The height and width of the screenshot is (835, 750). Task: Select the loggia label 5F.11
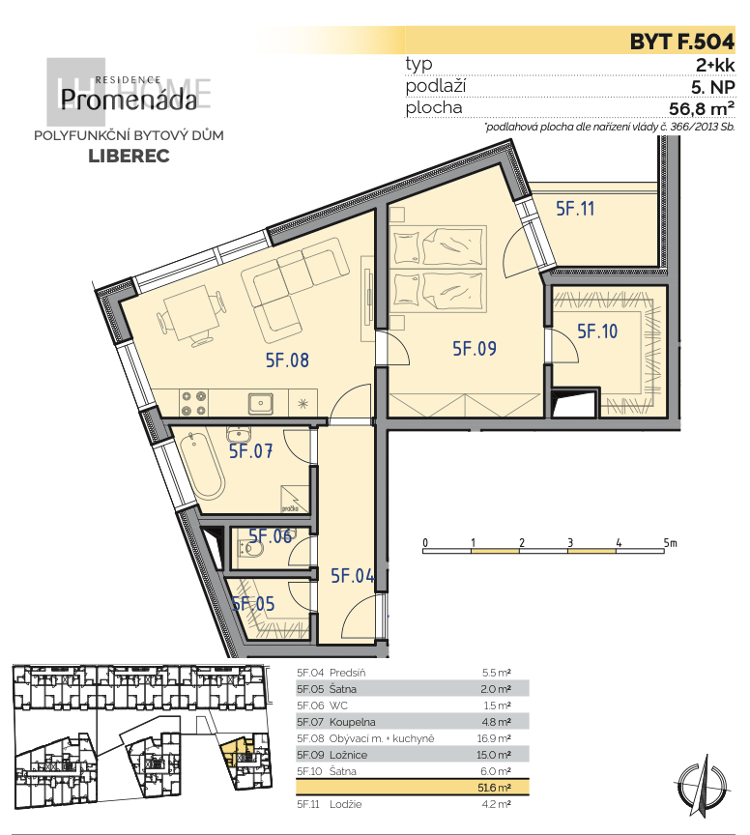(x=575, y=208)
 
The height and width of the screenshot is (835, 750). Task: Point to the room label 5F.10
(x=596, y=331)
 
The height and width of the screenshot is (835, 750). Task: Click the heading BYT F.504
(x=681, y=42)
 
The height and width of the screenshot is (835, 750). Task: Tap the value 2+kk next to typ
(x=715, y=65)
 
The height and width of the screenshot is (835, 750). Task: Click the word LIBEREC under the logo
(x=129, y=157)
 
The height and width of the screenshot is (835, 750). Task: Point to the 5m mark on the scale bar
(x=669, y=542)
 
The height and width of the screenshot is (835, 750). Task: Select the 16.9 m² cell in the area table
(x=496, y=737)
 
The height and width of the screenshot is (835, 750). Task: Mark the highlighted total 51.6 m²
(x=496, y=787)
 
